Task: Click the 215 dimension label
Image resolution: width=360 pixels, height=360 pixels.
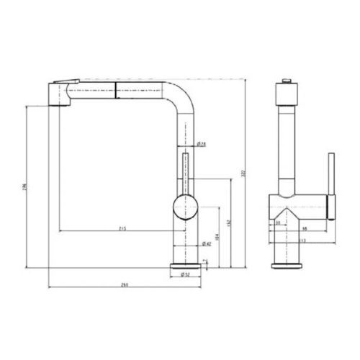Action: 122,228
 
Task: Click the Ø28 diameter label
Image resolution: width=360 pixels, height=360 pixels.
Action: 202,145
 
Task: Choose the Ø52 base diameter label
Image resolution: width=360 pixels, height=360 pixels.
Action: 185,275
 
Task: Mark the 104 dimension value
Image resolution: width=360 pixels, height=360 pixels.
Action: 216,237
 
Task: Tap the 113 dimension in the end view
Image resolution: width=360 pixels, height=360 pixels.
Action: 302,241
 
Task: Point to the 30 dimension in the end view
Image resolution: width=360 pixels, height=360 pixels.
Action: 279,222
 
